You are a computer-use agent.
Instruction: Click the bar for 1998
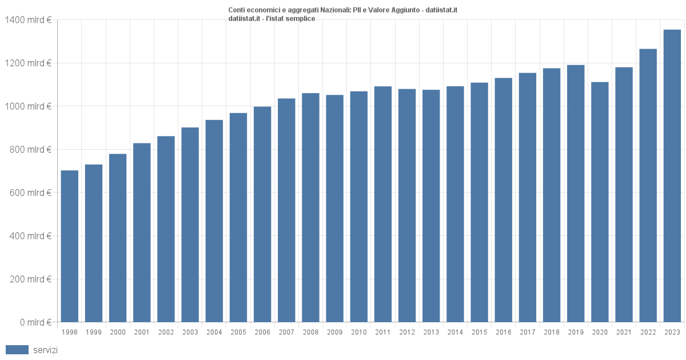(x=70, y=246)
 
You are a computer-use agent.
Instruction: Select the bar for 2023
(x=672, y=176)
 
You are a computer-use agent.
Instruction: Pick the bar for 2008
(x=310, y=207)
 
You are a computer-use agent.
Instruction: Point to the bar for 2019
(x=576, y=194)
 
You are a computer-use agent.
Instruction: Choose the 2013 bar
(x=431, y=206)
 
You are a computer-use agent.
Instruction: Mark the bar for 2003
(x=190, y=225)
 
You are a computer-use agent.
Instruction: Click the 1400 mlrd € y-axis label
(x=28, y=20)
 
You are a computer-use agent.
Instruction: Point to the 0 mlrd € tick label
(x=35, y=322)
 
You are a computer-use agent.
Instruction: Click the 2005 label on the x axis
(x=238, y=333)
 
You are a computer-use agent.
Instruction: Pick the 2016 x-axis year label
(x=503, y=333)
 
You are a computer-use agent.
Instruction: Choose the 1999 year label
(x=94, y=333)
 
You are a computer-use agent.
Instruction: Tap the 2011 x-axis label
(x=383, y=333)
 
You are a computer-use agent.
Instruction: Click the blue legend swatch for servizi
(x=17, y=350)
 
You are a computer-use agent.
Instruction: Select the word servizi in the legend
(x=45, y=350)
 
